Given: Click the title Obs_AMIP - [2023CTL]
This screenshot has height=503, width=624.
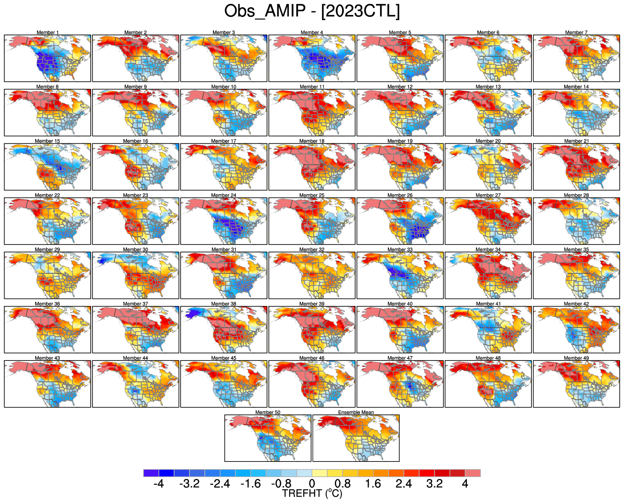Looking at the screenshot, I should pos(312,11).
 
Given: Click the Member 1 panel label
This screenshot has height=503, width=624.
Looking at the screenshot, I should pos(48,32).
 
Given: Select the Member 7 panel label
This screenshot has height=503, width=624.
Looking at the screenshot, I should pos(576,32).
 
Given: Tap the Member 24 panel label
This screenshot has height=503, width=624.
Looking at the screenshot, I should pos(224,195).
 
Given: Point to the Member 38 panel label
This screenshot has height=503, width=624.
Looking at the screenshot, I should pos(224,304).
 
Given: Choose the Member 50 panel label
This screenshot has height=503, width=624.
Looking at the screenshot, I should pos(267,412).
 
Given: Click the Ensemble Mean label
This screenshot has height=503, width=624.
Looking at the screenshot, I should pos(356,412).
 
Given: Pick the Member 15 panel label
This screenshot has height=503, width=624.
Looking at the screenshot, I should pos(47,141).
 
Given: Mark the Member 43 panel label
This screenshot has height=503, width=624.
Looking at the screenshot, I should pos(47,358).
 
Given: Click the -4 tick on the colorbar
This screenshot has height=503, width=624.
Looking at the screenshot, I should pos(158,484).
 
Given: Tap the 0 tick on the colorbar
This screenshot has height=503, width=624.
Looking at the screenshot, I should pos(312,484).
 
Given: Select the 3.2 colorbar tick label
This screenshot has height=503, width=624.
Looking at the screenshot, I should pos(434,484).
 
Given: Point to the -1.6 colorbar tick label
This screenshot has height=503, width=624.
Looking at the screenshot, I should pos(251,484).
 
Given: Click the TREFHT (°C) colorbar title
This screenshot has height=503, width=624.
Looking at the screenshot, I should pos(312,494).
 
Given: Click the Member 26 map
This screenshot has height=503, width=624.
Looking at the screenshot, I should pos(400,221).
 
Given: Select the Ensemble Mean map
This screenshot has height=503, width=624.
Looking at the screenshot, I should pos(356,438).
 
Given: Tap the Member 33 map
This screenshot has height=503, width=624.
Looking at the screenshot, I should pos(400,275).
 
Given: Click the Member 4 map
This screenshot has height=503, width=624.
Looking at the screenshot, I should pos(312,58).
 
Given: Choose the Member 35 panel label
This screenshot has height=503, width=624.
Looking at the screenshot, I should pos(576,250).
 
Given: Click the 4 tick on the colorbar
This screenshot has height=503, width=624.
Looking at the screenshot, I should pos(465,484).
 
